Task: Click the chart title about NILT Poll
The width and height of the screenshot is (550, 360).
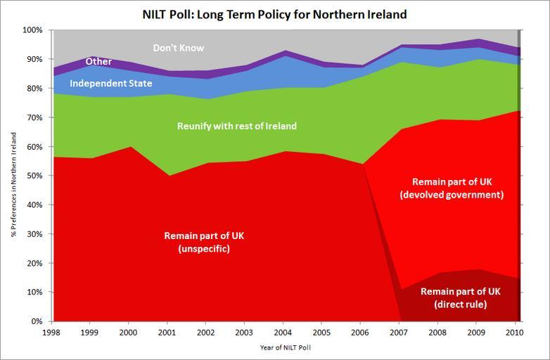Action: coord(275,14)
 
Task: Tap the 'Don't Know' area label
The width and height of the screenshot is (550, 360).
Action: coord(179,49)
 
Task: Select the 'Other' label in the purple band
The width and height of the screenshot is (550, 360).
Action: coord(98,62)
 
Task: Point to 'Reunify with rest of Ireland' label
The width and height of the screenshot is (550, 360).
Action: coord(236,126)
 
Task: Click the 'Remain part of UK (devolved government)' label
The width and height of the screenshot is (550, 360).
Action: coord(458,188)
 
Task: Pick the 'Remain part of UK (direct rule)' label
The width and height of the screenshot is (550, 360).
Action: coord(461,298)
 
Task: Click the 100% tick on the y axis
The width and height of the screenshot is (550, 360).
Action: coord(32,30)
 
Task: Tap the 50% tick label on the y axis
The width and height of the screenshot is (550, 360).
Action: coord(34,176)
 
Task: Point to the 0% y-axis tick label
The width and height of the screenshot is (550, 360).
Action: coord(37,322)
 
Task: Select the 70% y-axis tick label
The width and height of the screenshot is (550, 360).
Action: coord(34,118)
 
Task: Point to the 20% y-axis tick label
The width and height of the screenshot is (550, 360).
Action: coord(34,264)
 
